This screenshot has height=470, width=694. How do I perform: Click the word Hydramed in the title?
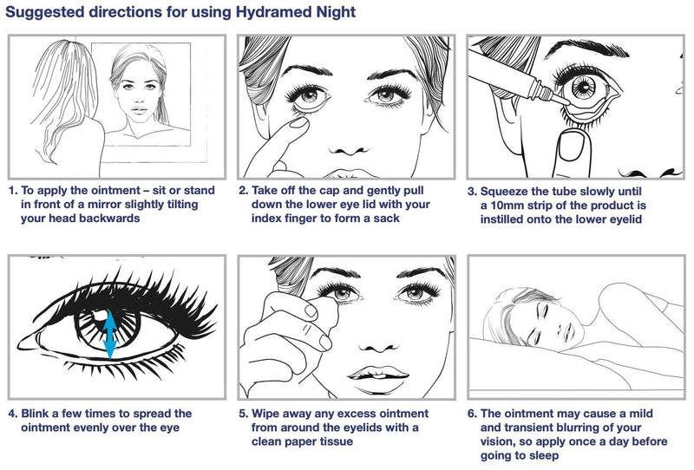[x=272, y=12]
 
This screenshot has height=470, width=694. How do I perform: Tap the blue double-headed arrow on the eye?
[x=110, y=335]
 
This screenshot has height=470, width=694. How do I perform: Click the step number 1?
[x=12, y=191]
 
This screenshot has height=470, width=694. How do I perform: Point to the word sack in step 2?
[x=387, y=219]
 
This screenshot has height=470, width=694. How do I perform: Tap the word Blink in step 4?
[x=35, y=414]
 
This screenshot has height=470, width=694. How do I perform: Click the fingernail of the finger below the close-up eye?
[x=571, y=147]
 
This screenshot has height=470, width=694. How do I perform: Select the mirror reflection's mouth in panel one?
[x=140, y=109]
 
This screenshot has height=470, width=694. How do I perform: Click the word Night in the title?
[x=335, y=12]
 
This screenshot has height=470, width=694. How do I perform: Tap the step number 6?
[x=472, y=414]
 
